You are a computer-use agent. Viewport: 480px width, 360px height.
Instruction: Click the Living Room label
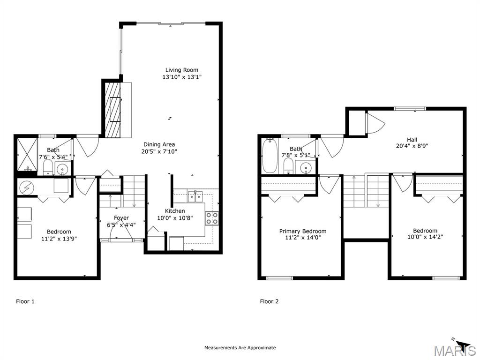click(182, 70)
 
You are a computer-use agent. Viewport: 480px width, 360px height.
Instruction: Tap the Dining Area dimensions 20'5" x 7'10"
click(159, 151)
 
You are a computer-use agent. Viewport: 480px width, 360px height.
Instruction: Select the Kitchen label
click(175, 211)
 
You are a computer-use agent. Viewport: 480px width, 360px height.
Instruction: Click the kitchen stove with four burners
click(212, 218)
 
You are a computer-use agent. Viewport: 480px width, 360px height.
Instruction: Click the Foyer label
click(121, 217)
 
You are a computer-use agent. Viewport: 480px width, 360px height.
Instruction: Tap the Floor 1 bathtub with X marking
click(27, 155)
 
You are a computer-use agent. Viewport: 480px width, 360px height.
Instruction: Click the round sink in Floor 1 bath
click(63, 169)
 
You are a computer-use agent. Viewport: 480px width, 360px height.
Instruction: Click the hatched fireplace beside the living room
click(113, 110)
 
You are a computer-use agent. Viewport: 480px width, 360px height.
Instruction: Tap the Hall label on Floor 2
click(412, 140)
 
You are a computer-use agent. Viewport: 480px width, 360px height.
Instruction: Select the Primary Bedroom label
click(303, 231)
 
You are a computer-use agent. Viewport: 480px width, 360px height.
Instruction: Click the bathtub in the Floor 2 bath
click(270, 156)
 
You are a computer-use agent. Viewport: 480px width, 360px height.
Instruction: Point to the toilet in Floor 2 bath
click(288, 166)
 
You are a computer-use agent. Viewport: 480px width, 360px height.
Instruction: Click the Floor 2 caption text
click(270, 301)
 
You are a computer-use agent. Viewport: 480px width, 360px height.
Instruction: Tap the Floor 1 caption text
click(25, 301)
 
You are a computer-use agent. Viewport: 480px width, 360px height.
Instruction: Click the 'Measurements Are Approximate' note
click(240, 347)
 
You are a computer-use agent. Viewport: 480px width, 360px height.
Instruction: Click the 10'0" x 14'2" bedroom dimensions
click(425, 237)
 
